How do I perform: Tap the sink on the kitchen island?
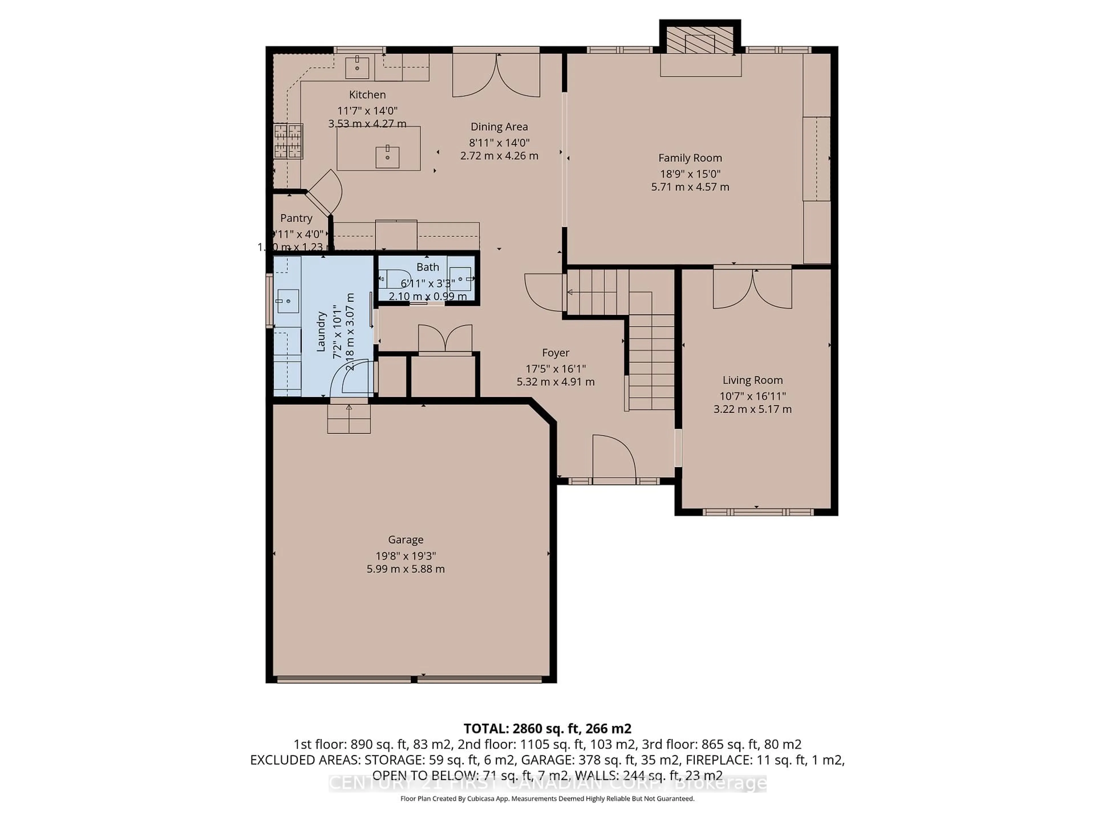point(387,157)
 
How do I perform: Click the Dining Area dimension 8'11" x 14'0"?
point(499,143)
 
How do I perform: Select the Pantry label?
point(296,218)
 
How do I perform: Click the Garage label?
point(405,539)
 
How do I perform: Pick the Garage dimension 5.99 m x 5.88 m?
point(405,569)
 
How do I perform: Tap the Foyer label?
point(555,353)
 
